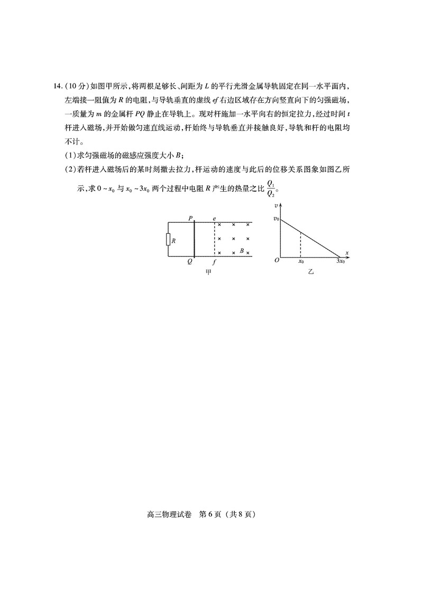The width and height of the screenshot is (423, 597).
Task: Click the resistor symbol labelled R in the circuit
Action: tap(168, 240)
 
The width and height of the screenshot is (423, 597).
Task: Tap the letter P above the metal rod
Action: tap(190, 217)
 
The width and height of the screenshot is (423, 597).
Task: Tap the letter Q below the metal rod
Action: tap(189, 262)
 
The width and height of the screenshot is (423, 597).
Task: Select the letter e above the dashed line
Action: tap(214, 217)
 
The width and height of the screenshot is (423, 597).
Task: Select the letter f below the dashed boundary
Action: tap(214, 262)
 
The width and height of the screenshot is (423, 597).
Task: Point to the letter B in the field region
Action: tap(242, 251)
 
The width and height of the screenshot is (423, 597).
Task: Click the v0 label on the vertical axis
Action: tap(275, 219)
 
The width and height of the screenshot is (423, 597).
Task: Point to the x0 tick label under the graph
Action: tap(300, 261)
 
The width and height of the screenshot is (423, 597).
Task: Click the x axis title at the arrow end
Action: tap(347, 252)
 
